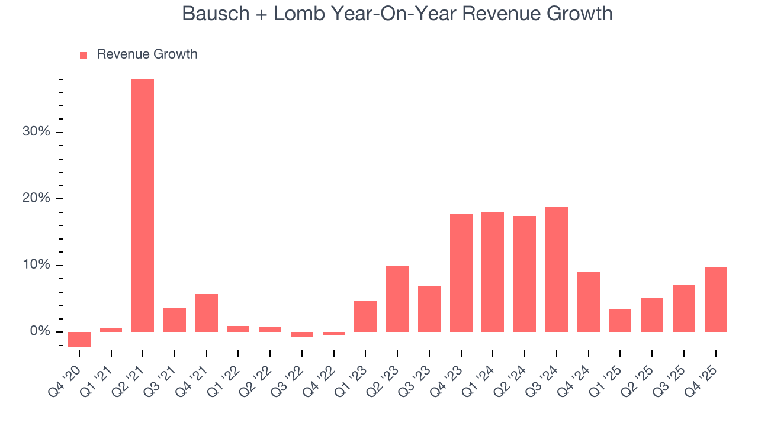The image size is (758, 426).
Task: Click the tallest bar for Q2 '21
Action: [x=143, y=205]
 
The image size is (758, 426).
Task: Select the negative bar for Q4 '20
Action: [x=79, y=339]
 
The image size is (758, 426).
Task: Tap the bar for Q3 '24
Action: [x=557, y=269]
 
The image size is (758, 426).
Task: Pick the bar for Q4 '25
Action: [x=715, y=299]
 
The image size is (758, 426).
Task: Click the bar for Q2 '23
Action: [x=397, y=298]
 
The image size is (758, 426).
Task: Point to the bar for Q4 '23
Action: [x=461, y=272]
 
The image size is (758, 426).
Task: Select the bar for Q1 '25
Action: [x=620, y=320]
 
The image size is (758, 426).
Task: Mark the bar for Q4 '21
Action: [x=207, y=312]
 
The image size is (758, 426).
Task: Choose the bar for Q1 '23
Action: [x=365, y=316]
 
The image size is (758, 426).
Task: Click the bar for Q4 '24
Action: [x=589, y=301]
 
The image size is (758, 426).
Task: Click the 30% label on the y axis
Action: [x=36, y=132]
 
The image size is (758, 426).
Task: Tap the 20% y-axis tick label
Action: [x=36, y=198]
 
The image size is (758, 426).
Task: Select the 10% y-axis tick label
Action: [x=36, y=265]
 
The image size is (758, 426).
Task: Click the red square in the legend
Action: [x=83, y=55]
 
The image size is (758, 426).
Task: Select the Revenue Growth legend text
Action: [x=147, y=54]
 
